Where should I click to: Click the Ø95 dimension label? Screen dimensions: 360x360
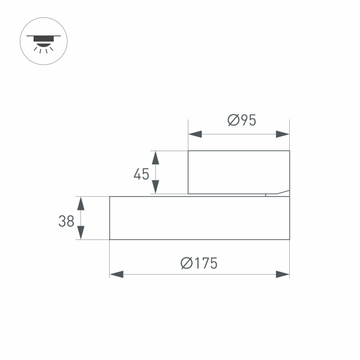(242, 120)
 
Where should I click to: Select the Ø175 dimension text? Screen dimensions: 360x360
(199, 263)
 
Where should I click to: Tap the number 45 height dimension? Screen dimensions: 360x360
(141, 174)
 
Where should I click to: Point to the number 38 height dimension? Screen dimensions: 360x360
(66, 221)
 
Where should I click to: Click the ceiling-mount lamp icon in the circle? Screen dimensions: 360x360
(44, 40)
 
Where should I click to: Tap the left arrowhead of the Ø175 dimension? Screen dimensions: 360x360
(116, 274)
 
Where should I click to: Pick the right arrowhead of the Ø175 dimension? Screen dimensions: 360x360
(283, 274)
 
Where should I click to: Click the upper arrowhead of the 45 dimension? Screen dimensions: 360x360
(155, 158)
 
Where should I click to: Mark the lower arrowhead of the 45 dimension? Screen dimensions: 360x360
(155, 187)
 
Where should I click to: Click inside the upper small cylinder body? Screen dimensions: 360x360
(238, 172)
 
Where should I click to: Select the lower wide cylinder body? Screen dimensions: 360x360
(199, 218)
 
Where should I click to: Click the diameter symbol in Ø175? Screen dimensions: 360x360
(186, 263)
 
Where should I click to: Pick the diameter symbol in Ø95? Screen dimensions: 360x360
(233, 120)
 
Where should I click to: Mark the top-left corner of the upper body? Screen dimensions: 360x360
(188, 151)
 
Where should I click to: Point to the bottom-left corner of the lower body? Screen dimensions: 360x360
(110, 239)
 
